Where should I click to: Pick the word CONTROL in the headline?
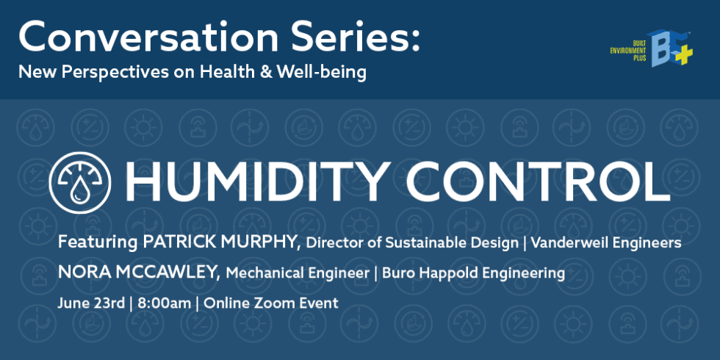tap(544, 181)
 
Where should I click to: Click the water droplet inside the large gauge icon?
tap(79, 193)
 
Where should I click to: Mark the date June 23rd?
tap(90, 303)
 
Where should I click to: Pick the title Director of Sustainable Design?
tap(408, 242)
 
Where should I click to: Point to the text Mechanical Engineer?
tap(296, 273)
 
